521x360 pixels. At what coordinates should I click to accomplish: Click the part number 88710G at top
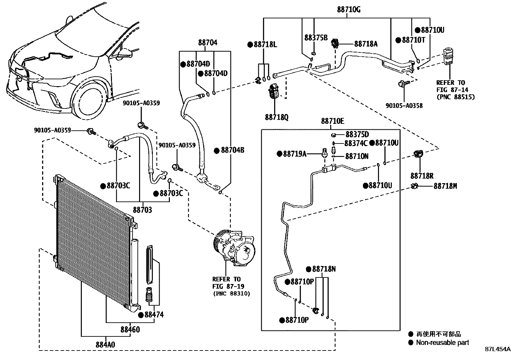point(349,9)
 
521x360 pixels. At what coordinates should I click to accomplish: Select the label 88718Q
point(277,117)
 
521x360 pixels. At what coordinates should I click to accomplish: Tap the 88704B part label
point(233,150)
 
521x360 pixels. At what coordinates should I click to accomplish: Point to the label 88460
point(130,329)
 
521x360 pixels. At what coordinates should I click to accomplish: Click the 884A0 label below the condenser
point(105,344)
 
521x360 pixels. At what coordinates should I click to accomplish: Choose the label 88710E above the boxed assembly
point(332,121)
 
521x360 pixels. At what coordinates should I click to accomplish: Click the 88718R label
point(422,176)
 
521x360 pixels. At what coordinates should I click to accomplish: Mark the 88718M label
point(445,186)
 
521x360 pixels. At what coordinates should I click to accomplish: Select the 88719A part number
point(295,154)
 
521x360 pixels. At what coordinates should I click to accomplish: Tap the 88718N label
point(324,269)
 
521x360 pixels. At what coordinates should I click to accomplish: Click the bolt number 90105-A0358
point(404,105)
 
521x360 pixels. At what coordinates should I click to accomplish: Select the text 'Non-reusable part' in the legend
point(442,343)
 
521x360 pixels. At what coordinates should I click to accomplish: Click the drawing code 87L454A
point(497,349)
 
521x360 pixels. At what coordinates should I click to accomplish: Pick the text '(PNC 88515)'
point(455,97)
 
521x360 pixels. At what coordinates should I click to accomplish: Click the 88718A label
point(366,44)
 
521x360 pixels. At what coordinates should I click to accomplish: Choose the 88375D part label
point(357,135)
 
